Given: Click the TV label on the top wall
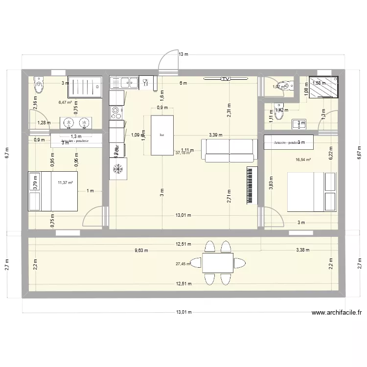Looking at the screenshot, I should (225, 78).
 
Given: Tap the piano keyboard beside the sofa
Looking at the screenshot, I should (252, 185).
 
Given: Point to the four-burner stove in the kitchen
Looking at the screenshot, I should (116, 113).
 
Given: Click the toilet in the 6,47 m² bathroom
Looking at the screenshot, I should (38, 85).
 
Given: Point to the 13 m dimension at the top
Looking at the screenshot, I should (183, 54).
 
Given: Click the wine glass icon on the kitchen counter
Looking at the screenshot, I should (145, 82).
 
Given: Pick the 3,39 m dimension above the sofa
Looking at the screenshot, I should (215, 135).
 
